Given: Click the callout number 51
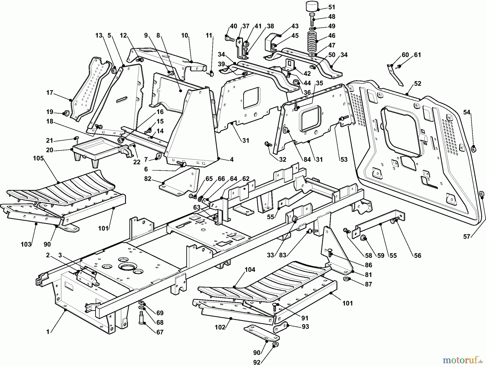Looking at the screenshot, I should pos(332,7).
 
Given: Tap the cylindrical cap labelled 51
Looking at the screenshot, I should pos(312,6).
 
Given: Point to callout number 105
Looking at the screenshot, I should pos(38,158).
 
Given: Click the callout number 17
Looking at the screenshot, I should pos(49,93).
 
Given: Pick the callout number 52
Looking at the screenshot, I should pos(417,84).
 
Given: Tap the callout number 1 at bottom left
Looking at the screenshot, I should pos(48,332).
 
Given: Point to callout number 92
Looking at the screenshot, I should pos(257,362).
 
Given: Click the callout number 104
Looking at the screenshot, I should pos(249,269).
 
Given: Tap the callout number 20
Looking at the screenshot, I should pos(49,150).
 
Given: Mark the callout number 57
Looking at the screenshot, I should pos(467,237).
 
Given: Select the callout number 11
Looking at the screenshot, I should pos(209,35).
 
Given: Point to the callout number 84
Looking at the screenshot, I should pos(307,160).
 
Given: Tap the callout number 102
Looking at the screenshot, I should pos(220,327).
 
